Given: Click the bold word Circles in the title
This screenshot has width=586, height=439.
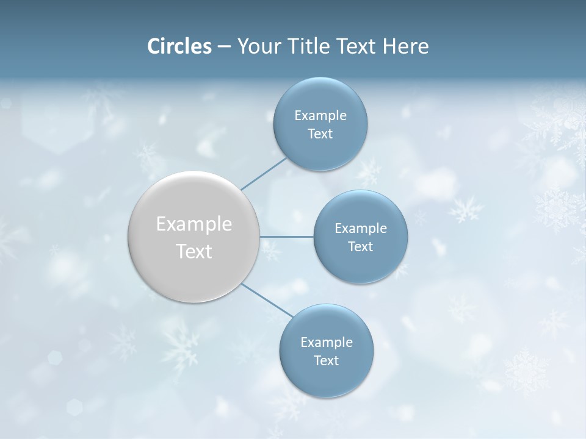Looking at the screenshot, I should (179, 46).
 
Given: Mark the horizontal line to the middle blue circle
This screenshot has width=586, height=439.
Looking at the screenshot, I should (286, 237).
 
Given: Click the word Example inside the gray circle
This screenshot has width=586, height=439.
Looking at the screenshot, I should (194, 224).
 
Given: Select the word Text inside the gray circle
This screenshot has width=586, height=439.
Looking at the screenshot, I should (194, 251).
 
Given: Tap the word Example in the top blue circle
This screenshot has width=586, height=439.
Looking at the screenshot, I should (320, 116).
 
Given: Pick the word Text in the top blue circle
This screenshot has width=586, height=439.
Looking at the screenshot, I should (320, 134).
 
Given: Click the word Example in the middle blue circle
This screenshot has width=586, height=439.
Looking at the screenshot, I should (360, 229).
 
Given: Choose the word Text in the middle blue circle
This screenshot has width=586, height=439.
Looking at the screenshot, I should (360, 247).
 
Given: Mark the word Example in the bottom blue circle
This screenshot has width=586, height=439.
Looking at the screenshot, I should (326, 343).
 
